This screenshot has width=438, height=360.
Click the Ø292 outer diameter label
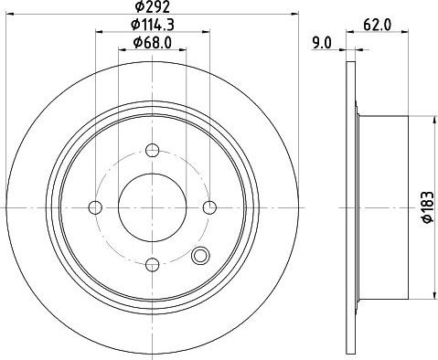click(152, 6)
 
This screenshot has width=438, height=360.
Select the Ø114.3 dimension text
click(153, 25)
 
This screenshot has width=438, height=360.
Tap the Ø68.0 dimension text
click(153, 43)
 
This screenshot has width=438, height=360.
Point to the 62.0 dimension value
click(377, 25)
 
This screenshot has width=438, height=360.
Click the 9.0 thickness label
click(321, 43)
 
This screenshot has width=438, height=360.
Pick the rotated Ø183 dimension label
click(428, 207)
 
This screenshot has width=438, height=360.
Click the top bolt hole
click(153, 150)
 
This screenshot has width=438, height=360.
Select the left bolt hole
click(95, 207)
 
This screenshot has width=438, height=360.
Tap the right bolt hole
click(209, 207)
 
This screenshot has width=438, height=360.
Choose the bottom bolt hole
click(153, 265)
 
